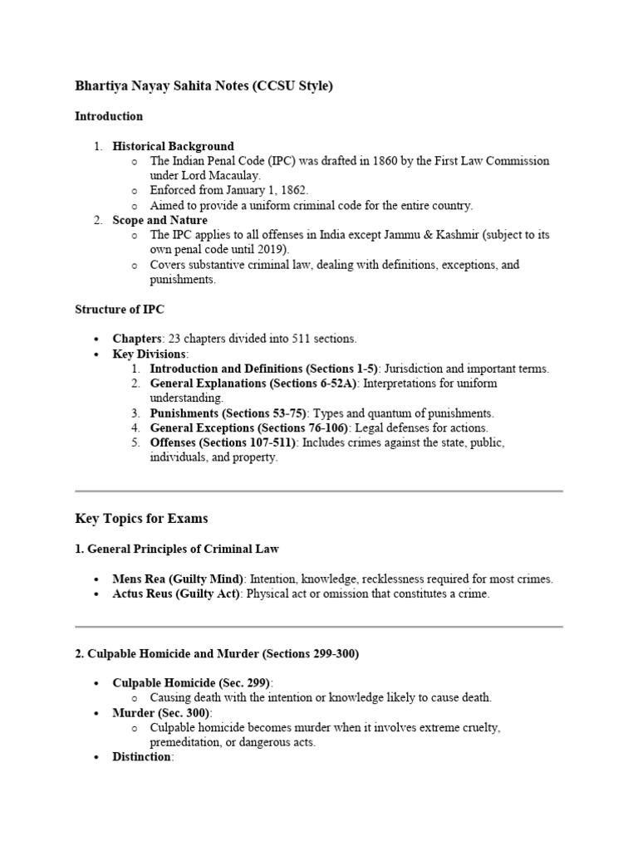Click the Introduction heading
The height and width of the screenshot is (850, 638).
(x=109, y=116)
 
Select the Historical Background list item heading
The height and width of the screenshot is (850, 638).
(x=173, y=146)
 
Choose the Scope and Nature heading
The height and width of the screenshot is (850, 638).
(x=160, y=221)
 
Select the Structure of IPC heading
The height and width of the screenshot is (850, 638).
(x=120, y=310)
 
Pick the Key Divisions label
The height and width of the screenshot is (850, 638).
(x=150, y=354)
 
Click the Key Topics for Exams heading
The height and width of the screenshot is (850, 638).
(x=141, y=519)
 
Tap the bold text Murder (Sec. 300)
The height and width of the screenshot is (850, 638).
(x=161, y=713)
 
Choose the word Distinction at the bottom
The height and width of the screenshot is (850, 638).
(x=141, y=758)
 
